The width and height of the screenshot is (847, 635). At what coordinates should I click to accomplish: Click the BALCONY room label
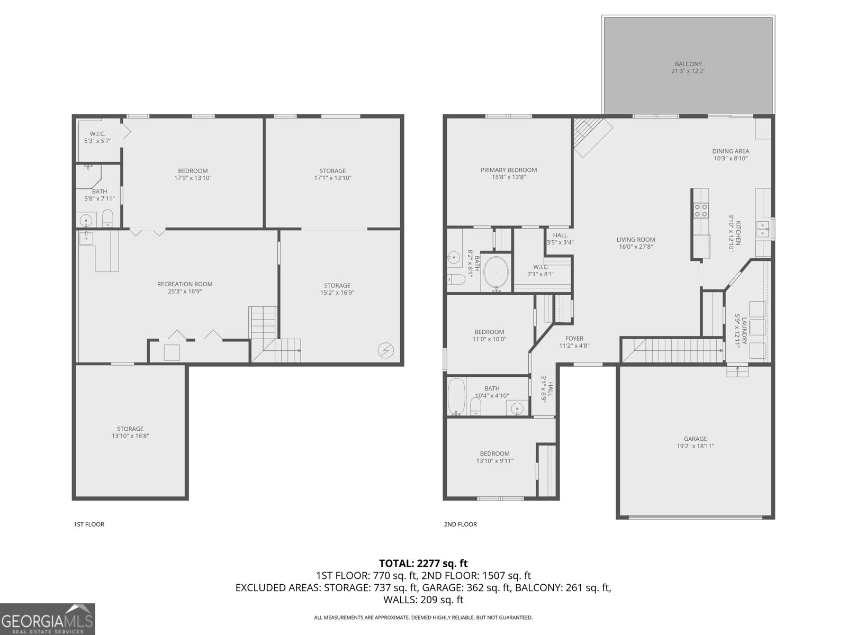pyautogui.click(x=688, y=64)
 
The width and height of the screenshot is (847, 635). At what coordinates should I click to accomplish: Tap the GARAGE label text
pyautogui.click(x=696, y=439)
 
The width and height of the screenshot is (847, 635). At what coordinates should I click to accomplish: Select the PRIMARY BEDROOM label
pyautogui.click(x=509, y=170)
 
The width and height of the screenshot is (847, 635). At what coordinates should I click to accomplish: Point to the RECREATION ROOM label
pyautogui.click(x=184, y=284)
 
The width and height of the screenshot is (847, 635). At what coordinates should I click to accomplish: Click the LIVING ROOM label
pyautogui.click(x=636, y=239)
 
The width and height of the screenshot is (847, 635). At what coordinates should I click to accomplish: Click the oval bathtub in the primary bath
pyautogui.click(x=496, y=272)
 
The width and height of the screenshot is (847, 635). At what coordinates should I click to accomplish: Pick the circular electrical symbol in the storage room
pyautogui.click(x=385, y=350)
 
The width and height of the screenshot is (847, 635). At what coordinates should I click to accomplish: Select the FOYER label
pyautogui.click(x=574, y=339)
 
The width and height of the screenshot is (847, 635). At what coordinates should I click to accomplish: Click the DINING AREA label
pyautogui.click(x=731, y=151)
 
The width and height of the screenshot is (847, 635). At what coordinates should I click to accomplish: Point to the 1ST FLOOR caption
pyautogui.click(x=89, y=524)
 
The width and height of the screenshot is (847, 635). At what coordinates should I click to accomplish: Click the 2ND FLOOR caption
pyautogui.click(x=461, y=524)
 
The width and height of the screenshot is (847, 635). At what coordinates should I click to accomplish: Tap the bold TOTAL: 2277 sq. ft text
pyautogui.click(x=424, y=563)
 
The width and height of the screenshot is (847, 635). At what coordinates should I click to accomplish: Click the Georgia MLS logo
pyautogui.click(x=47, y=619)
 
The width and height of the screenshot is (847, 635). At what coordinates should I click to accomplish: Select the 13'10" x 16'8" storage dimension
pyautogui.click(x=130, y=436)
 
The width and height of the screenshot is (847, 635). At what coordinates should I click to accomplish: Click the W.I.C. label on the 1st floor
pyautogui.click(x=97, y=134)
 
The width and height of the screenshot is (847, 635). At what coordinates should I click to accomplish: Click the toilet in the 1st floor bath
pyautogui.click(x=107, y=218)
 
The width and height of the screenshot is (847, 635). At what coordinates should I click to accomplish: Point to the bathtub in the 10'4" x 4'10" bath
pyautogui.click(x=456, y=396)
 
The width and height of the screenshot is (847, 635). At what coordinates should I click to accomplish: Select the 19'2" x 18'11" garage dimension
pyautogui.click(x=696, y=446)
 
